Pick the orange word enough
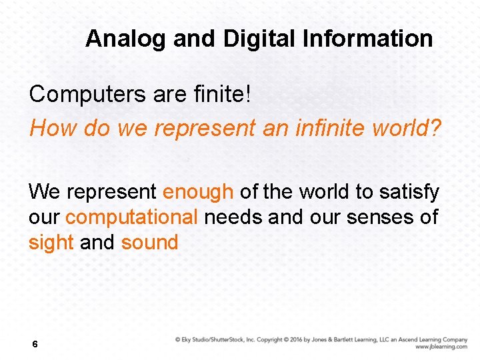coord(198,192)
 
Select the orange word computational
coord(131,217)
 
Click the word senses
coord(379,217)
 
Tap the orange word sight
coord(51,243)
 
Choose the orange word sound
coord(149,243)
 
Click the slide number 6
coord(35,345)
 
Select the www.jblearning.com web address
coord(441,347)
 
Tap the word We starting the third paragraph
coord(45,192)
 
